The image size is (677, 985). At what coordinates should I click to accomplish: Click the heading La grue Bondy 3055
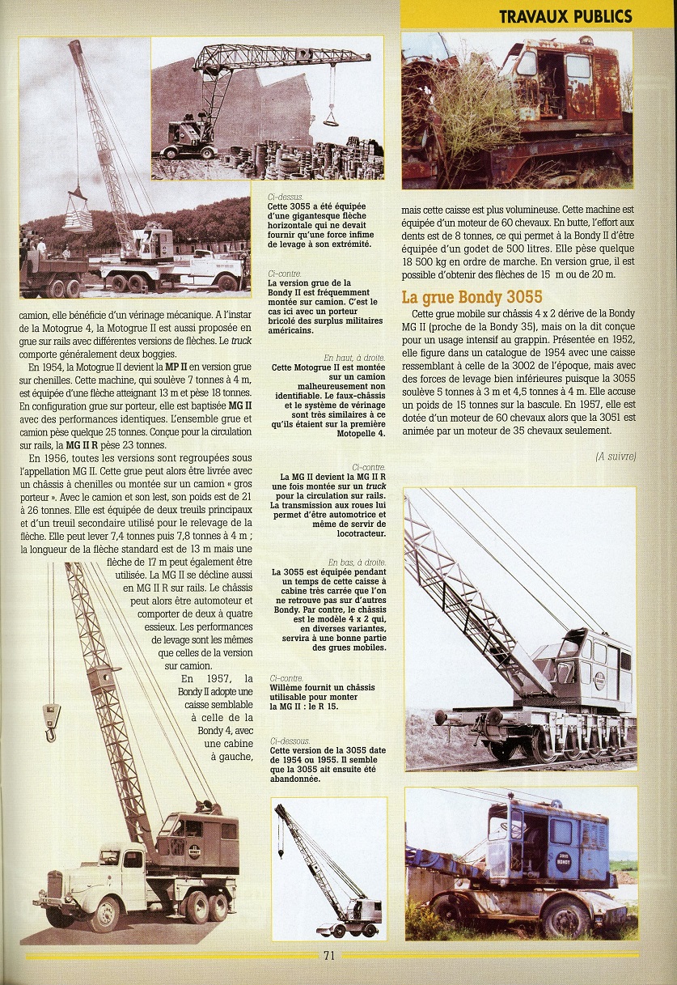click(472, 296)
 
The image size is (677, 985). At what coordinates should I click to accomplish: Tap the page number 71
click(329, 955)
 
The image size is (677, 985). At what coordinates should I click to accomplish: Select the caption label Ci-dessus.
click(285, 197)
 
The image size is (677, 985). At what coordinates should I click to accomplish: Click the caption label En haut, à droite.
click(354, 357)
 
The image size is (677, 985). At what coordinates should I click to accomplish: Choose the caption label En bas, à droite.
click(357, 562)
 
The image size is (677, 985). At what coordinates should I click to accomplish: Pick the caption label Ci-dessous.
click(288, 740)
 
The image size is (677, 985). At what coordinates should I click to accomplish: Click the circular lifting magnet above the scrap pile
click(331, 120)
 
